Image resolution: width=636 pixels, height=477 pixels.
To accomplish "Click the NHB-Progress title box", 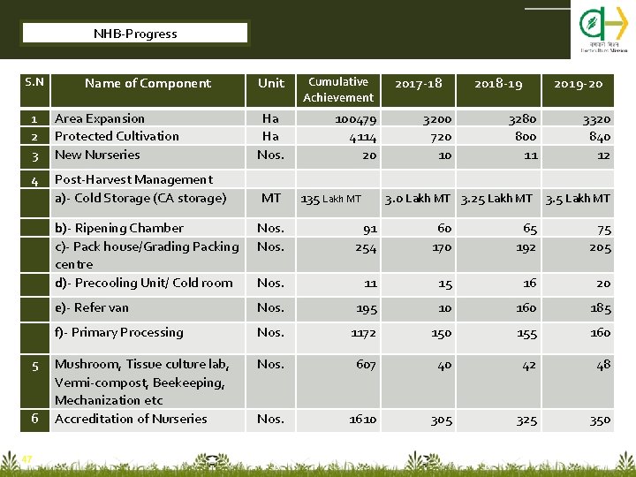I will tap(135, 34).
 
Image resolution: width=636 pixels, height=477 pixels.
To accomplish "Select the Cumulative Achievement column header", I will tap(338, 89).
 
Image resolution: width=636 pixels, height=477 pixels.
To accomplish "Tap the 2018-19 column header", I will tap(498, 84).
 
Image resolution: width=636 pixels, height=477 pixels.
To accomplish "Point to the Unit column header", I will tap(271, 84).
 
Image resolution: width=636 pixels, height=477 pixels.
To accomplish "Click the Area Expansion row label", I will tap(100, 118).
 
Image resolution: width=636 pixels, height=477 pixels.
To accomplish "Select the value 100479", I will tap(356, 119).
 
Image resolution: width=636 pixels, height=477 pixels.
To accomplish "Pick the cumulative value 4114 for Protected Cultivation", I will tap(362, 137).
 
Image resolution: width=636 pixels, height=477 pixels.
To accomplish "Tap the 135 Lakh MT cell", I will tap(331, 199).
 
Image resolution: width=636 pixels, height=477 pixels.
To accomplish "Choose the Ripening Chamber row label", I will tap(119, 228).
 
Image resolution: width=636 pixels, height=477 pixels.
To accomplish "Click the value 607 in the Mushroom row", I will tap(365, 364).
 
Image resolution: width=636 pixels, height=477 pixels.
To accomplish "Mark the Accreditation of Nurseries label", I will tap(131, 419).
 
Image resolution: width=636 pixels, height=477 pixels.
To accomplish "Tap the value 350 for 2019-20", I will tap(600, 420).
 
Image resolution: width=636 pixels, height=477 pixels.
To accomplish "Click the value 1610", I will tap(362, 420).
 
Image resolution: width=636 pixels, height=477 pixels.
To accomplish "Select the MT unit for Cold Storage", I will tap(270, 198).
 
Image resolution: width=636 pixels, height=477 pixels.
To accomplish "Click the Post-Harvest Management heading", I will tap(133, 180).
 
